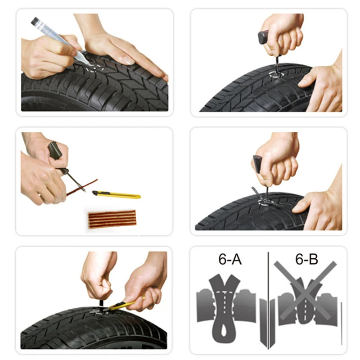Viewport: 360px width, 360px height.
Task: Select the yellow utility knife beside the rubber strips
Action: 117,194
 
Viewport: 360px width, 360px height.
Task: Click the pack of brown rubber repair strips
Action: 111,218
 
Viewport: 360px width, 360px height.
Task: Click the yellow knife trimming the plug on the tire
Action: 121,306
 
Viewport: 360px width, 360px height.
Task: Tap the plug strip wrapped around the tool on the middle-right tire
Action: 263,194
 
